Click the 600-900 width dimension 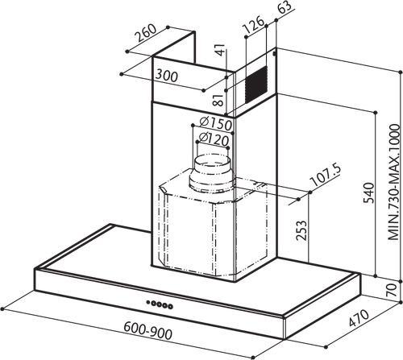(x=147, y=330)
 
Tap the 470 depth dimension (x=359, y=318)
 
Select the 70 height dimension (x=393, y=290)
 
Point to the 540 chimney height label (x=368, y=193)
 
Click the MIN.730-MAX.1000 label (x=394, y=182)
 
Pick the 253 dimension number (x=301, y=230)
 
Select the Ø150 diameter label (x=216, y=124)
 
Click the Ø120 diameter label (x=214, y=139)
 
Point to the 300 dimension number (x=167, y=76)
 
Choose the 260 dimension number (x=145, y=33)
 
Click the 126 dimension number (x=253, y=25)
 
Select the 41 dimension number (x=220, y=50)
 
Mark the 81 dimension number (x=219, y=100)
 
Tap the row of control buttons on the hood (x=160, y=304)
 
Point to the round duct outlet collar (x=212, y=174)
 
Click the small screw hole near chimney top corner (x=274, y=54)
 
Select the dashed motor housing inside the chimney (x=214, y=224)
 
